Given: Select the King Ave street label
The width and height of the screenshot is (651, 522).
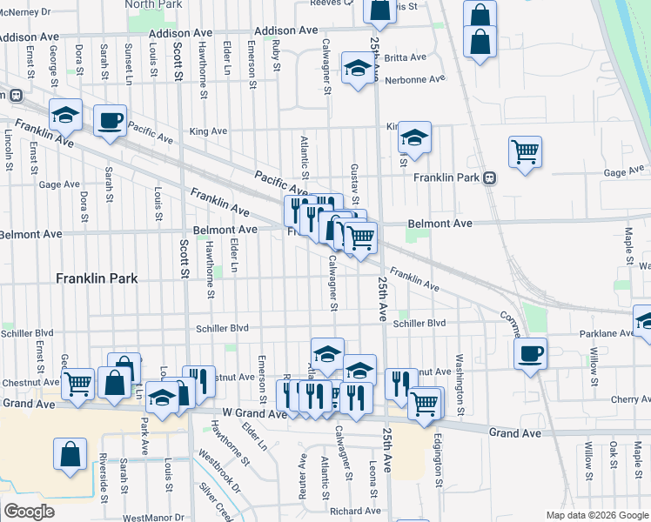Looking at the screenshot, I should [x=208, y=131].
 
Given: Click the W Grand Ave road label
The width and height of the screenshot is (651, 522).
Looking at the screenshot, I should [x=254, y=414].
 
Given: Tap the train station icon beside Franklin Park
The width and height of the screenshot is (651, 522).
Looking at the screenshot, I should [x=490, y=177].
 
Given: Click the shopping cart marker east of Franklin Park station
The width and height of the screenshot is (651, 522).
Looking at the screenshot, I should [x=525, y=152].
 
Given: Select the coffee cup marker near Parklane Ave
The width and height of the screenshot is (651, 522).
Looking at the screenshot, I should [x=530, y=353].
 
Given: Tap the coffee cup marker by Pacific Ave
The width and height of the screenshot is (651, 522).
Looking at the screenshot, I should [x=110, y=121].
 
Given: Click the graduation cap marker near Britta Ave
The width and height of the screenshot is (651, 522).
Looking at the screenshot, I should [x=357, y=70].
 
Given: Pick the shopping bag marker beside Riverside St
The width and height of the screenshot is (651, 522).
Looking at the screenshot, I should [x=70, y=454].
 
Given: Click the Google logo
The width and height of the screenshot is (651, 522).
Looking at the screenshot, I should [x=29, y=512].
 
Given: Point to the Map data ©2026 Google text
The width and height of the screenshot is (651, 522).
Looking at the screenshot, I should [x=596, y=515].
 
